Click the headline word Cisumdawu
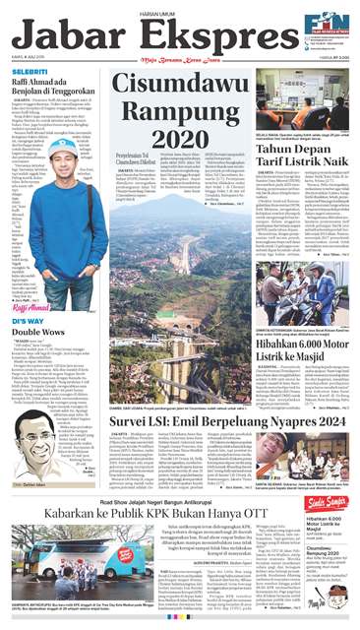[186, 91]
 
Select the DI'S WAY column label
[27, 321]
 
